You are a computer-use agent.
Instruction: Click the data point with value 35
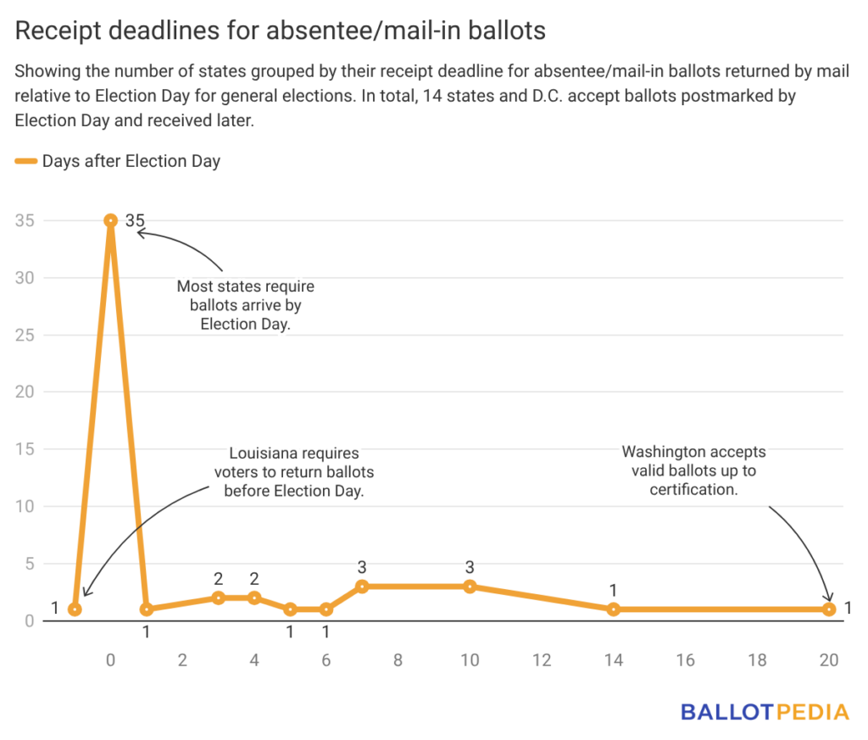110,220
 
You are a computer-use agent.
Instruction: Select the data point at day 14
614,609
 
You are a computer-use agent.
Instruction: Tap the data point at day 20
829,609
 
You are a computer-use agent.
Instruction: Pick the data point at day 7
362,587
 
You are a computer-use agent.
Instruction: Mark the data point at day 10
470,587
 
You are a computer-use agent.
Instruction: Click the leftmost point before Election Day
75,609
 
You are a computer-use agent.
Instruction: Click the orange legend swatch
26,161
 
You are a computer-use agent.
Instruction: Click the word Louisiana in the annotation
263,454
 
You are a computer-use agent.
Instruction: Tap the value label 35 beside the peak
135,221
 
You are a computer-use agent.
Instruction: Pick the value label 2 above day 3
218,579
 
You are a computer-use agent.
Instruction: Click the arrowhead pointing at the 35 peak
140,231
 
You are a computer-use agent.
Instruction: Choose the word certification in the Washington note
693,490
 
